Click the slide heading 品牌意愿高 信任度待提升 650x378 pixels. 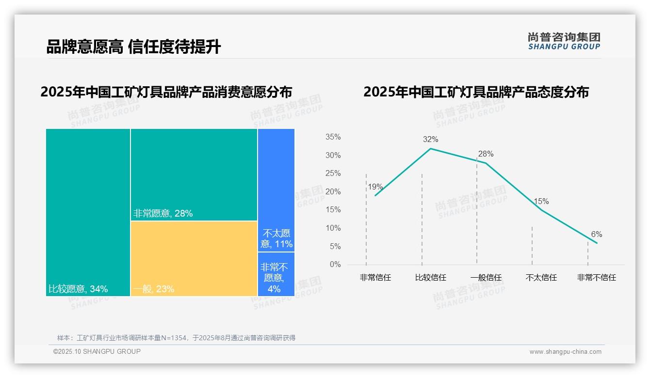click(133, 47)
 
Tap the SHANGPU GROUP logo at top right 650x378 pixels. click(564, 41)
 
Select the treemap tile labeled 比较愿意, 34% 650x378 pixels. click(88, 212)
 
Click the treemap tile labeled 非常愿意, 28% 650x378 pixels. click(194, 174)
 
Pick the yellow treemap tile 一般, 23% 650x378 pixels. click(194, 258)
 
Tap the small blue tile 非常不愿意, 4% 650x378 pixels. click(276, 274)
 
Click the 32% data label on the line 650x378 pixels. click(430, 140)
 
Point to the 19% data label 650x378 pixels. click(375, 187)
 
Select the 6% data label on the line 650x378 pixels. click(596, 235)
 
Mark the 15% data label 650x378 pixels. click(541, 202)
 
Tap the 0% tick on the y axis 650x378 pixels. click(335, 265)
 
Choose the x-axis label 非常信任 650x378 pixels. click(375, 278)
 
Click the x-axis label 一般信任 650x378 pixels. click(486, 278)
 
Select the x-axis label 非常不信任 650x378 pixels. click(596, 278)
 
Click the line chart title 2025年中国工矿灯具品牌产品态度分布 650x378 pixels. click(476, 92)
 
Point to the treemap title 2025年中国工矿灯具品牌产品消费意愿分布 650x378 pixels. click(166, 92)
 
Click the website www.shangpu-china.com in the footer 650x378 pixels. click(565, 352)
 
